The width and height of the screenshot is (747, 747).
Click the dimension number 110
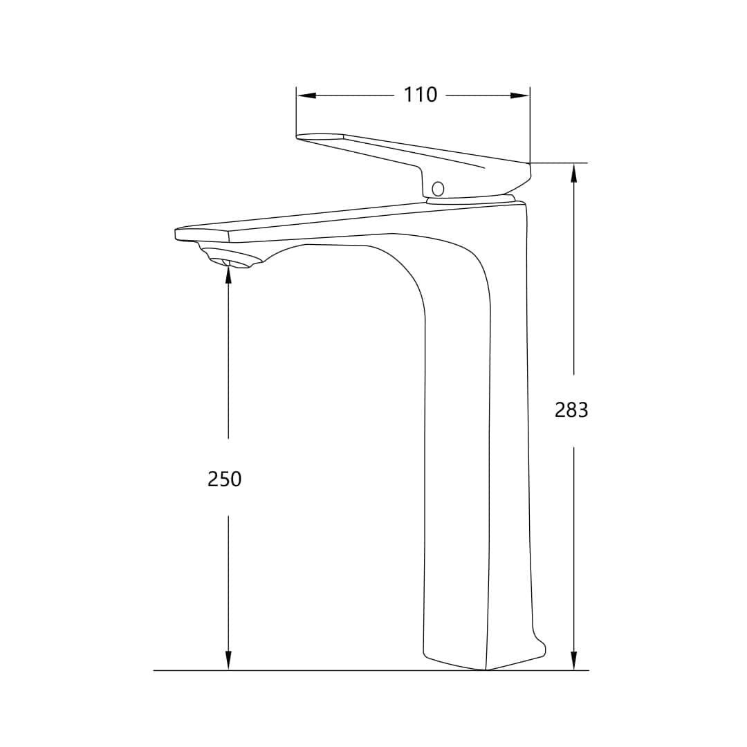[x=421, y=95]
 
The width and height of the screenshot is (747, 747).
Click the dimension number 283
[x=571, y=410]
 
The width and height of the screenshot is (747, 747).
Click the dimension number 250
[x=225, y=479]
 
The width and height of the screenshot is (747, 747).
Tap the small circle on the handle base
[x=437, y=188]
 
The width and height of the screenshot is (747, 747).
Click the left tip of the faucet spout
[x=177, y=234]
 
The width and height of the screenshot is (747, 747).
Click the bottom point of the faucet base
[x=486, y=670]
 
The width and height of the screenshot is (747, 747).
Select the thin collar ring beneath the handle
[x=471, y=201]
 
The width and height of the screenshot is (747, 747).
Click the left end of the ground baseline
[x=155, y=670]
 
